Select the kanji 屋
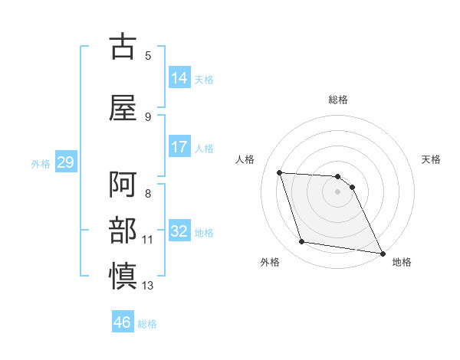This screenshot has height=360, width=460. tap(123, 108)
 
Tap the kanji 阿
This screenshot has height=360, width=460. tap(123, 186)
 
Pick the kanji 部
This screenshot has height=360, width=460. tap(123, 231)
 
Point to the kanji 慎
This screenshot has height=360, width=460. tap(123, 275)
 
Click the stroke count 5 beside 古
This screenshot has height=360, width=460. tap(148, 55)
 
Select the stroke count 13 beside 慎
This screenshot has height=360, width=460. tap(148, 286)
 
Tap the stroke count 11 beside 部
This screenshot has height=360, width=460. tap(148, 240)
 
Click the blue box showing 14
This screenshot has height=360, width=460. tap(179, 77)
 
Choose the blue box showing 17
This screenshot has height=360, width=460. tap(179, 146)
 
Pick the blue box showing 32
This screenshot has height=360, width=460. tap(179, 231)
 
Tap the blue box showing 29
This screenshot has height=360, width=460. tap(65, 162)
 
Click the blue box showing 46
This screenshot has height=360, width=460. tap(123, 322)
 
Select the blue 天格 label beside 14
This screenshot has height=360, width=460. tap(204, 79)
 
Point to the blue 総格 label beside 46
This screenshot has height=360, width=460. tap(147, 324)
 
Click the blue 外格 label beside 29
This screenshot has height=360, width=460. tap(41, 163)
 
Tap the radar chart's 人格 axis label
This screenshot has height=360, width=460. tap(245, 159)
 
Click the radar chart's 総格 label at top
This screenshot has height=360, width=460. tap(337, 100)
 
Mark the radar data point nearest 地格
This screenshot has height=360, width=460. tap(382, 252)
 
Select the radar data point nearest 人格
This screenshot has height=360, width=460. tap(280, 172)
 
